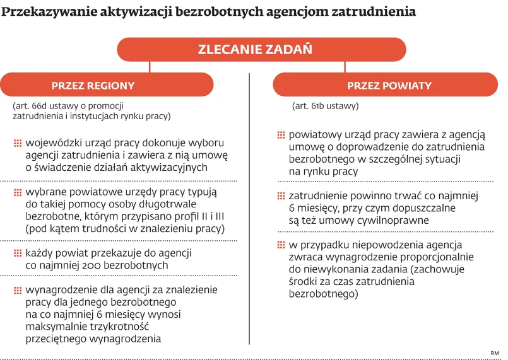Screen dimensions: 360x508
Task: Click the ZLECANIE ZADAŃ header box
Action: tap(255, 49)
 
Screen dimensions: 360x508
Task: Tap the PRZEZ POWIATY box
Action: tap(389, 86)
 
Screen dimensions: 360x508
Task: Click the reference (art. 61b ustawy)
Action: tap(325, 106)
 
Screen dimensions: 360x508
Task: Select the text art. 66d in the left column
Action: tap(32, 105)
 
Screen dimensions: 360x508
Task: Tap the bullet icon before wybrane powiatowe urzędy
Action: tap(18, 192)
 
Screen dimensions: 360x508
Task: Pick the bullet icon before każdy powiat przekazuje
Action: tap(18, 253)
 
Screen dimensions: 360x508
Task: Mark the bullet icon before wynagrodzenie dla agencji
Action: tap(18, 291)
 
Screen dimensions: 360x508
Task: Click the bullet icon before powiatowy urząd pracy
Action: tap(281, 135)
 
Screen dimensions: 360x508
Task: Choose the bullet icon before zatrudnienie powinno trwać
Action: tap(281, 196)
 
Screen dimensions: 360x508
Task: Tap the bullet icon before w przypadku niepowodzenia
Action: tap(281, 245)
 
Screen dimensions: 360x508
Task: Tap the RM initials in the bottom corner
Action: tap(494, 352)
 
